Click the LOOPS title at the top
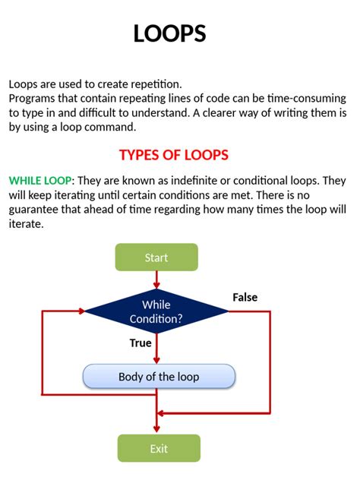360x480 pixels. point(169,33)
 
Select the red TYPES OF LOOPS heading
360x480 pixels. point(173,155)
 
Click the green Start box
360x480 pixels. point(156,257)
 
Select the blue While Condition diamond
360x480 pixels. point(156,311)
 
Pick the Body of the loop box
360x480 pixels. point(158,377)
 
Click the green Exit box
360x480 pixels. point(159,448)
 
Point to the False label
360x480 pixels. point(245,297)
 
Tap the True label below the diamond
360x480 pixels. point(141,343)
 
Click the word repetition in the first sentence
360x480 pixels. point(156,84)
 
